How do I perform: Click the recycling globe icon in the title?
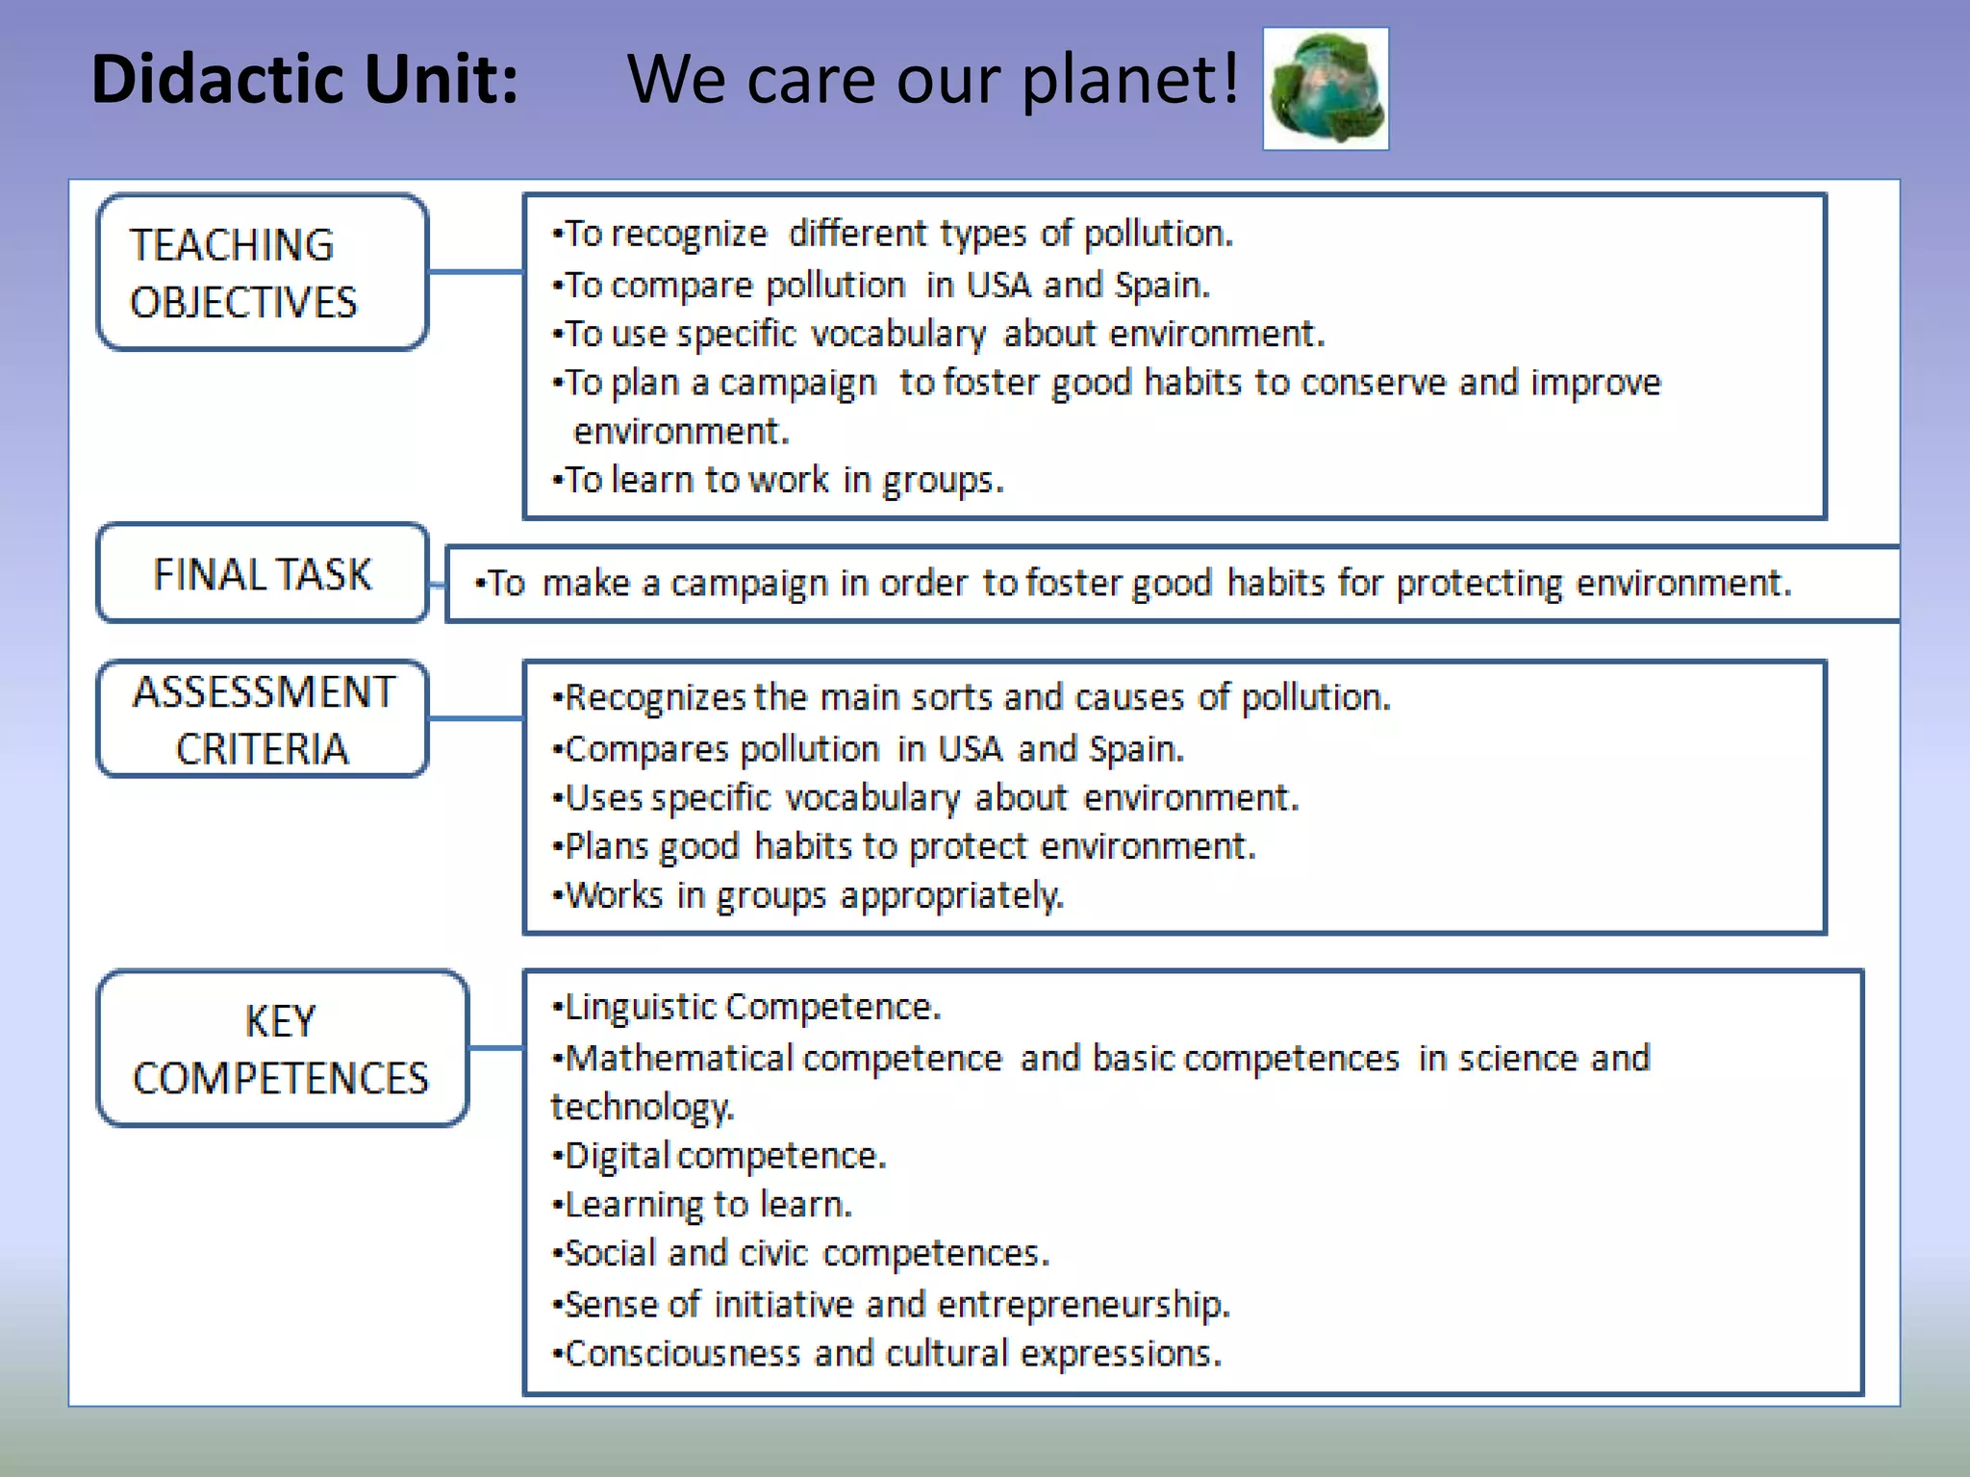click(1326, 88)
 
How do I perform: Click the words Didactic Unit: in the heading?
click(305, 79)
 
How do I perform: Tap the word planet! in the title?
click(1130, 79)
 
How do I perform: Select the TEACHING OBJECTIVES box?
click(263, 273)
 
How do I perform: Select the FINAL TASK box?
click(263, 574)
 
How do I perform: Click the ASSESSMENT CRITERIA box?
click(263, 719)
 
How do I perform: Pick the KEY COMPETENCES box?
click(282, 1048)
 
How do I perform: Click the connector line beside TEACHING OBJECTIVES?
click(475, 272)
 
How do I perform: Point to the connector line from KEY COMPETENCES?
click(495, 1047)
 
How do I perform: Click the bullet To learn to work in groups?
click(779, 480)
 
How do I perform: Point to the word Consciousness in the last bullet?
click(682, 1354)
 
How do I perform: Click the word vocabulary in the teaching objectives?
click(897, 335)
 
